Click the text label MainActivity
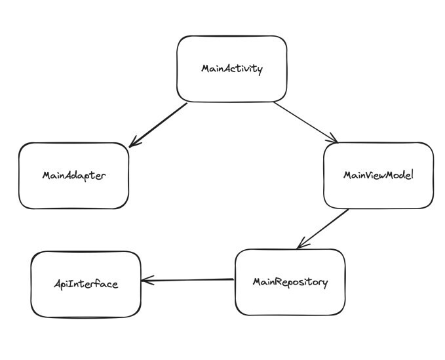[x=232, y=69]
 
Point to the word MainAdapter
[x=73, y=176]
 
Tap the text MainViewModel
[x=378, y=176]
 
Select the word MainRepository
[x=290, y=282]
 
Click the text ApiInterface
[x=86, y=284]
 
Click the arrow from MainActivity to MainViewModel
[x=305, y=122]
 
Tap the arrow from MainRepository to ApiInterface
[x=189, y=281]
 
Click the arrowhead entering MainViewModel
[x=334, y=138]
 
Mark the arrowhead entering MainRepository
[x=301, y=245]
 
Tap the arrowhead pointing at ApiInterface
[x=147, y=281]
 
